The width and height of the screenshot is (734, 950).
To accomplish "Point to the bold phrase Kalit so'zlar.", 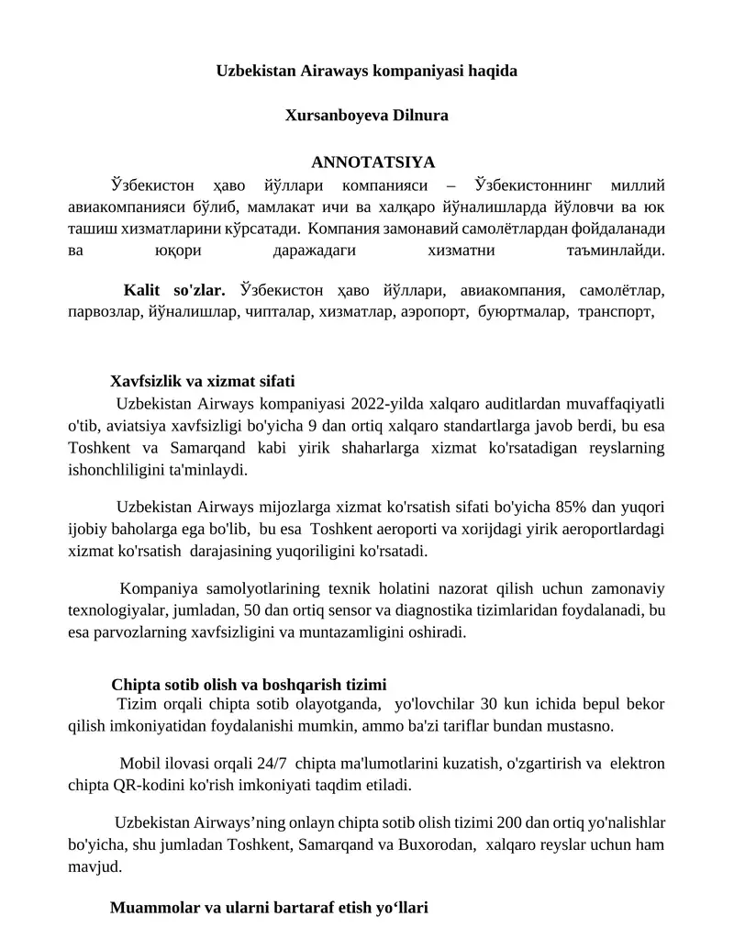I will [x=174, y=291].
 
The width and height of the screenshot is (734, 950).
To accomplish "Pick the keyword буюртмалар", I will [x=523, y=312].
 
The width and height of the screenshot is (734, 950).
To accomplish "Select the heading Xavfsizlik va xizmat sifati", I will [x=203, y=381].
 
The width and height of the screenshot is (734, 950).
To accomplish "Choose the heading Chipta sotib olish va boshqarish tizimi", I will [x=249, y=684].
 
